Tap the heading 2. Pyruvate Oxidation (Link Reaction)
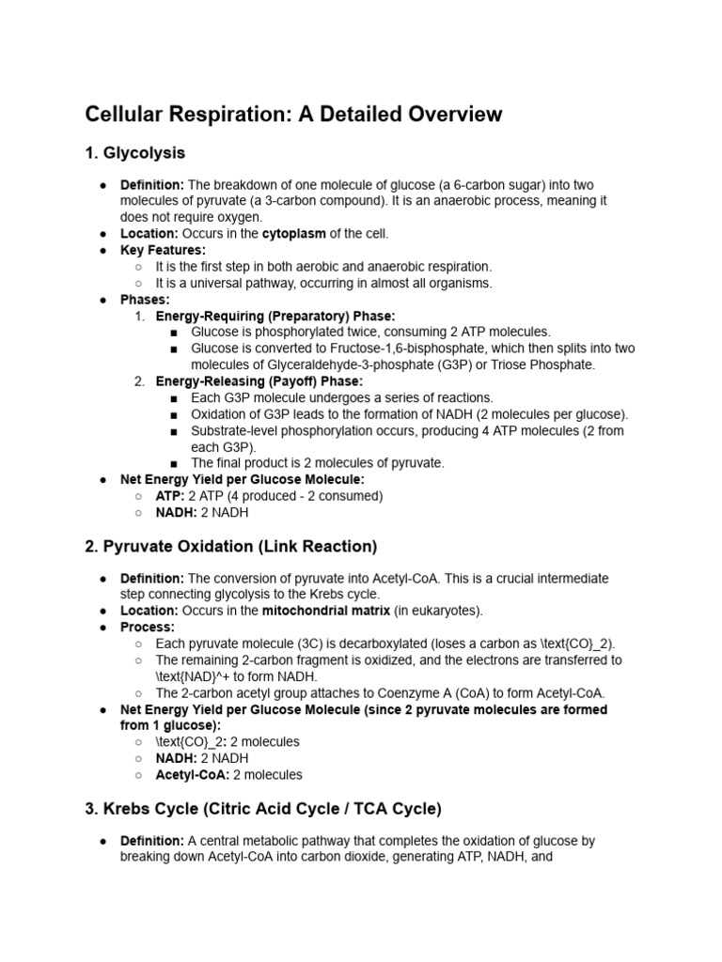click(230, 545)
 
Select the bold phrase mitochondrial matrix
click(324, 611)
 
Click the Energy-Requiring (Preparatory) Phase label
click(275, 316)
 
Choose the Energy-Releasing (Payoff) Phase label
click(259, 381)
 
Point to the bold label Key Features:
click(163, 250)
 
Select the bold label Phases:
click(145, 300)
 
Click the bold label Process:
click(148, 627)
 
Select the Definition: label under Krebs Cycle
click(152, 841)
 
